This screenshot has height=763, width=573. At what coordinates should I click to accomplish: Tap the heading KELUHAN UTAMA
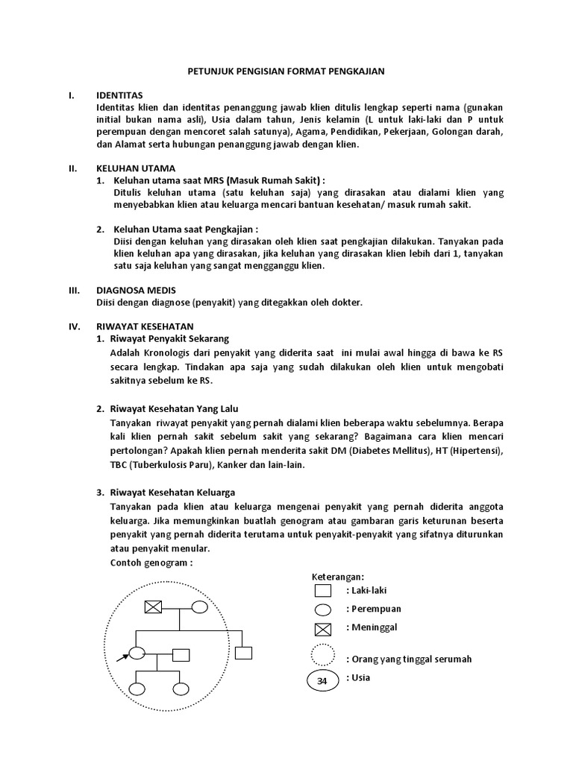tap(136, 168)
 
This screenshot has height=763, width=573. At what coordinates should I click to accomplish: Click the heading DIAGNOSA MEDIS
tap(137, 290)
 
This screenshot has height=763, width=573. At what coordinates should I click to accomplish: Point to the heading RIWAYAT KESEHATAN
tap(145, 326)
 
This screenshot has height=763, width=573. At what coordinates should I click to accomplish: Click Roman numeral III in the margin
tap(73, 290)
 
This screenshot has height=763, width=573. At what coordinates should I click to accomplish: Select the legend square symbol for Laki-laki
tap(322, 592)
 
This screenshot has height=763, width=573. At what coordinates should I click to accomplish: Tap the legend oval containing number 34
tap(322, 681)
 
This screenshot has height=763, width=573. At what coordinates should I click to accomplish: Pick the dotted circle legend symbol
tap(322, 656)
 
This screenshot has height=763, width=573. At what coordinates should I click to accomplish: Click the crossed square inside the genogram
tap(153, 607)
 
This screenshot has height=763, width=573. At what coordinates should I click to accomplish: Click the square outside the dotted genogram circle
tap(243, 653)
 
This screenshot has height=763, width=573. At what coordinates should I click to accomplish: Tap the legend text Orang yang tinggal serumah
tap(409, 659)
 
